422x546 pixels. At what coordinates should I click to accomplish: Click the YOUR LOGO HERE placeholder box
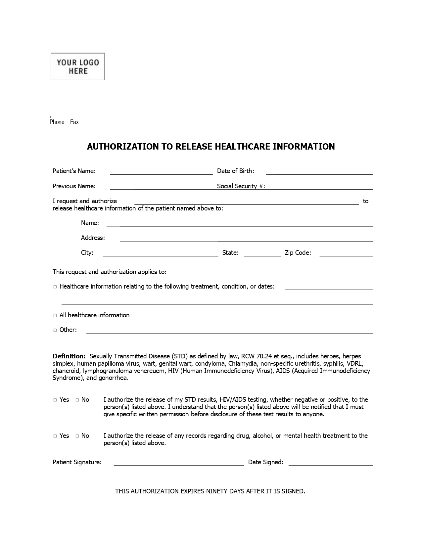[77, 66]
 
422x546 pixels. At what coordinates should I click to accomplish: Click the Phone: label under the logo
[57, 122]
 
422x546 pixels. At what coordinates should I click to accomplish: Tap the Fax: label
[75, 122]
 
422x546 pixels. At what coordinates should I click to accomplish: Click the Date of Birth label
[235, 171]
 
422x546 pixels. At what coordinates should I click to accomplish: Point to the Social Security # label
[241, 186]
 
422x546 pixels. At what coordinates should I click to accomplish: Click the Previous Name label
[74, 186]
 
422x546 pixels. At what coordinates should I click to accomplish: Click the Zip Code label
[298, 253]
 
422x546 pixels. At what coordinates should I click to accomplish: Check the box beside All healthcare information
[55, 316]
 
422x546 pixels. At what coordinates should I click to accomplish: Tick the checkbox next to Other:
[55, 330]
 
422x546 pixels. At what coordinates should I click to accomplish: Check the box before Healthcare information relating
[55, 287]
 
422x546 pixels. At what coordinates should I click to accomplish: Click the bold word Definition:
[69, 356]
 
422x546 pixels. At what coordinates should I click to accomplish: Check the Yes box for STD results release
[55, 400]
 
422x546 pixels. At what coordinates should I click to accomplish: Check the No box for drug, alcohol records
[77, 436]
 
